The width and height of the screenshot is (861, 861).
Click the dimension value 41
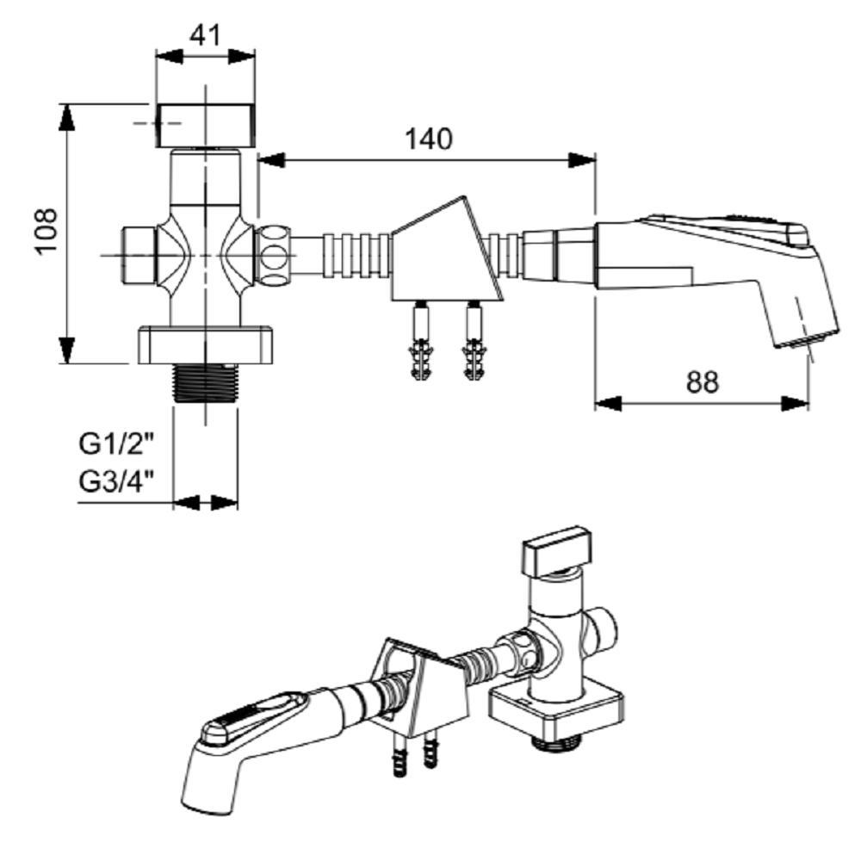click(205, 35)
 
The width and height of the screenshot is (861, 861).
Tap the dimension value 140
click(429, 139)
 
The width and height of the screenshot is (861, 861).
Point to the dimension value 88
click(703, 381)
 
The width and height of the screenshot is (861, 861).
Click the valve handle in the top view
click(206, 125)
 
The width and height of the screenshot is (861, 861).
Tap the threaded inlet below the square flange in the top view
click(206, 383)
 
